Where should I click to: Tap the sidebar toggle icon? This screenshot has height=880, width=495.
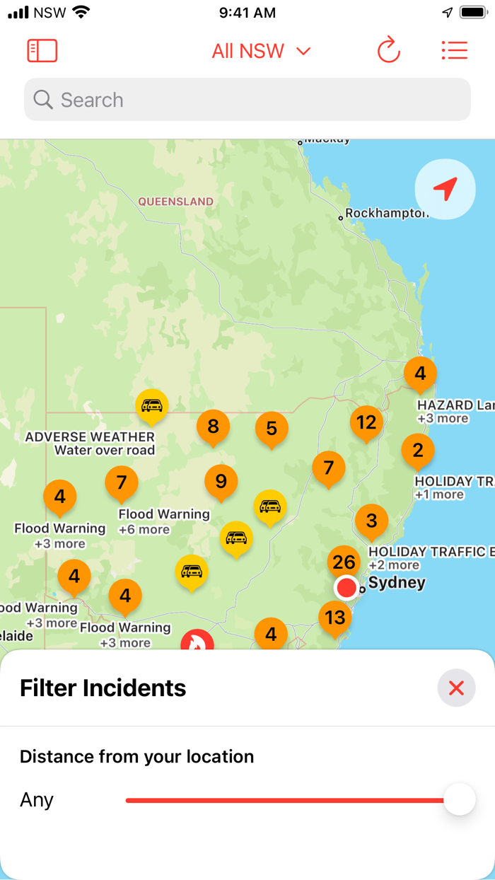pyautogui.click(x=42, y=51)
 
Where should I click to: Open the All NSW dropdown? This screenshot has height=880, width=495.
pyautogui.click(x=261, y=51)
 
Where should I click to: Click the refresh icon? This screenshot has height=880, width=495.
pyautogui.click(x=388, y=51)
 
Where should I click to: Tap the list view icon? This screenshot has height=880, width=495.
pyautogui.click(x=454, y=51)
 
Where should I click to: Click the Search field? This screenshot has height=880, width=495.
pyautogui.click(x=248, y=100)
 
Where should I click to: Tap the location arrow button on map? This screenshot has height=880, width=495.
pyautogui.click(x=445, y=189)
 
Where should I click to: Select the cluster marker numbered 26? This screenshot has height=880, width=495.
pyautogui.click(x=344, y=562)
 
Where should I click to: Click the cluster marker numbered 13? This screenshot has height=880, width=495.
pyautogui.click(x=334, y=618)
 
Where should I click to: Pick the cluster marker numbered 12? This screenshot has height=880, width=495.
pyautogui.click(x=366, y=423)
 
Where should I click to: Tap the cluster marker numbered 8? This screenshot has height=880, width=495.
pyautogui.click(x=213, y=427)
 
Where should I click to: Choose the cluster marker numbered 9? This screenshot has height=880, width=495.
pyautogui.click(x=221, y=482)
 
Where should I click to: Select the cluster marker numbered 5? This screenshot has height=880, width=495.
pyautogui.click(x=272, y=428)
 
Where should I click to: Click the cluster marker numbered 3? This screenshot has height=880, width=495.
pyautogui.click(x=371, y=521)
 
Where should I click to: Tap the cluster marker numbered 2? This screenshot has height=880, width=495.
pyautogui.click(x=417, y=450)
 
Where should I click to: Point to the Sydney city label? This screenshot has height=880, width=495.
pyautogui.click(x=397, y=583)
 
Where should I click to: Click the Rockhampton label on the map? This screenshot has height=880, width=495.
pyautogui.click(x=386, y=213)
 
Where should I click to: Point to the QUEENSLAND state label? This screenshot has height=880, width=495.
pyautogui.click(x=175, y=202)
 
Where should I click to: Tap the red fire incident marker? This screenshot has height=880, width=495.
pyautogui.click(x=197, y=642)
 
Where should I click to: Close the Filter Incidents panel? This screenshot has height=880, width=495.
pyautogui.click(x=456, y=688)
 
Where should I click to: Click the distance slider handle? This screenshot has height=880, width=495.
pyautogui.click(x=460, y=800)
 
